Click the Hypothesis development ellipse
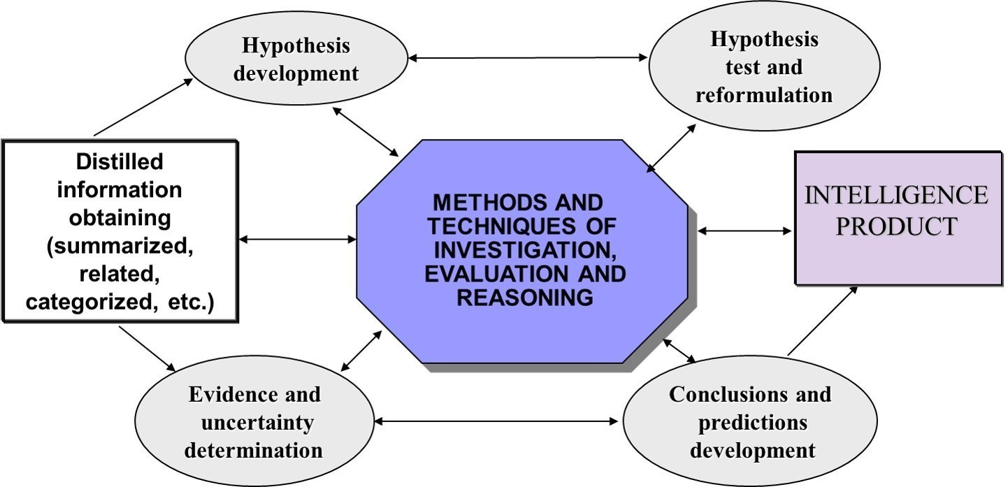click(x=296, y=59)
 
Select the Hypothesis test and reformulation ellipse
click(x=763, y=68)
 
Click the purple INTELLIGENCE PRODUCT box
click(x=898, y=217)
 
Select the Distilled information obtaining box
click(x=120, y=231)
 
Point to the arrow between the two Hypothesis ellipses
click(x=528, y=58)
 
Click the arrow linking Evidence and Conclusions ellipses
click(x=497, y=421)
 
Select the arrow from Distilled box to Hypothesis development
click(x=143, y=106)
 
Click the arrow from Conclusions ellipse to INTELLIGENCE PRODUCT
click(x=823, y=321)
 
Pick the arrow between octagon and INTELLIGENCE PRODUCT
click(x=744, y=230)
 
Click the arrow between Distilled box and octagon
click(x=297, y=240)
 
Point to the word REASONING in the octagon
click(x=525, y=297)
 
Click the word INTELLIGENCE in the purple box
click(x=897, y=195)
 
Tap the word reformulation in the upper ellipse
click(x=763, y=94)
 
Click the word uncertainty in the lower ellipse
click(x=254, y=422)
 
